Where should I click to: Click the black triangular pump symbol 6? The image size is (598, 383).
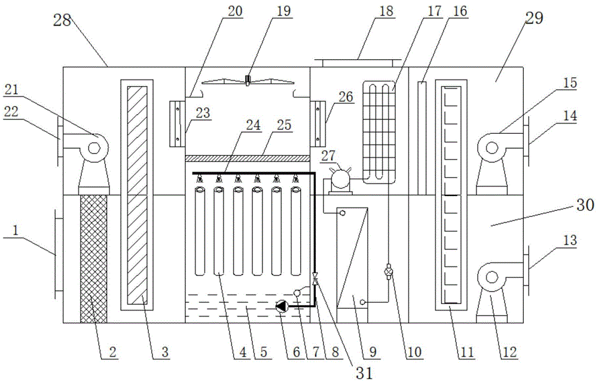click(282, 306)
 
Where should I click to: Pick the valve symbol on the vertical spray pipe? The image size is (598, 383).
click(315, 278)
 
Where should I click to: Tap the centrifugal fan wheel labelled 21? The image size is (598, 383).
click(94, 145)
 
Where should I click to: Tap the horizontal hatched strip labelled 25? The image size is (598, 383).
click(247, 158)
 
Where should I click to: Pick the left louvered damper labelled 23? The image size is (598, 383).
click(178, 124)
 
